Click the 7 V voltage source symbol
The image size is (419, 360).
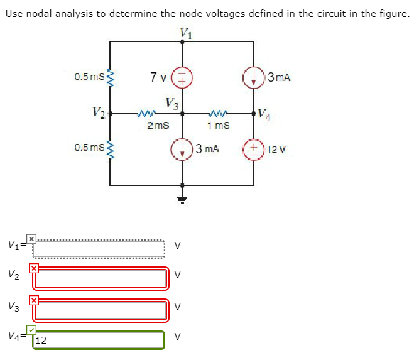(x=182, y=79)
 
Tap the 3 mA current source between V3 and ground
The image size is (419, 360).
(x=182, y=150)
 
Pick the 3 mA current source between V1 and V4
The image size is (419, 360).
(x=254, y=79)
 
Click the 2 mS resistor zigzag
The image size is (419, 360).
(x=146, y=114)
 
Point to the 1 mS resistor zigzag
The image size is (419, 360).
(x=218, y=114)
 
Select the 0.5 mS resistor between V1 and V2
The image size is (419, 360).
(x=111, y=78)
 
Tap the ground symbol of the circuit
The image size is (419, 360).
(x=182, y=200)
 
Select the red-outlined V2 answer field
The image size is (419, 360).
(x=101, y=278)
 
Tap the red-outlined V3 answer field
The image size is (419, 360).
(x=101, y=310)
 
